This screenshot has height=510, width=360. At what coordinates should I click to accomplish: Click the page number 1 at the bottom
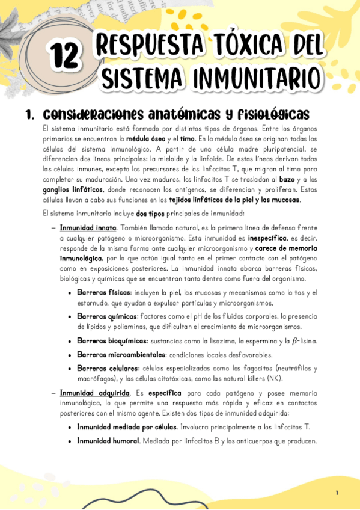click(x=337, y=493)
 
